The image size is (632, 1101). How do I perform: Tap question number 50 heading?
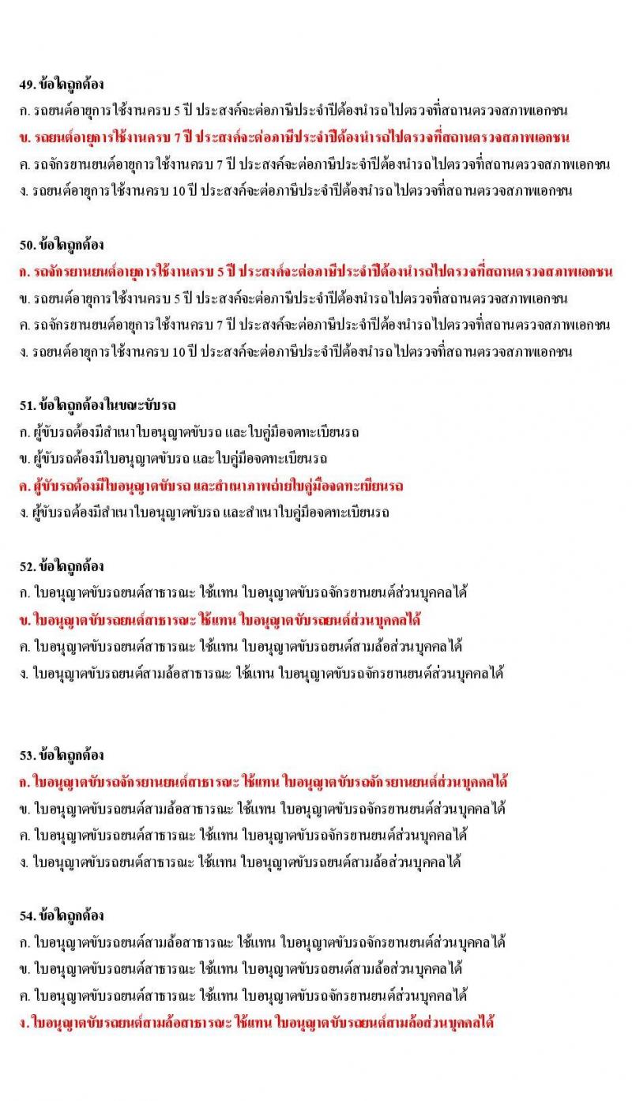click(x=62, y=245)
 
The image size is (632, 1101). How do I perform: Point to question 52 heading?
click(x=62, y=566)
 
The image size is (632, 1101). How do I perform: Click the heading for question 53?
click(x=62, y=755)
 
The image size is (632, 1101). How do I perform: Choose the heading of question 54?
click(x=62, y=916)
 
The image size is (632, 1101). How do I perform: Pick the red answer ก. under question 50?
click(x=317, y=272)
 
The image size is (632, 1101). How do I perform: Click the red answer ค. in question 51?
click(x=212, y=486)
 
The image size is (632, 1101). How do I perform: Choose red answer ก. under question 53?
click(x=264, y=782)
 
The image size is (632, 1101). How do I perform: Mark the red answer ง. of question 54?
click(x=257, y=1022)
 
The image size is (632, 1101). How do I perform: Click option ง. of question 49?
click(x=296, y=191)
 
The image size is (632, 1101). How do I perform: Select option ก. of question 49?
click(x=295, y=111)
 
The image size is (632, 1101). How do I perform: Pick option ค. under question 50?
click(x=316, y=325)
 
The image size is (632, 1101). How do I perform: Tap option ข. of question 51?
click(x=175, y=459)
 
